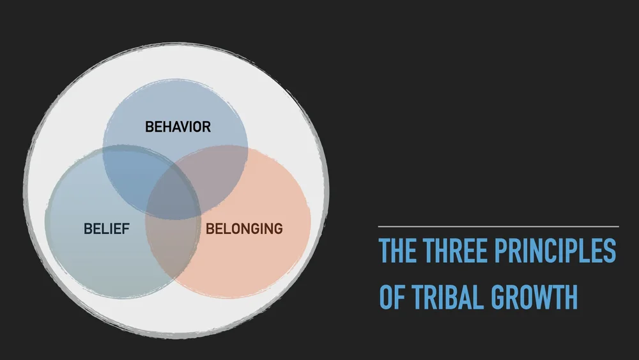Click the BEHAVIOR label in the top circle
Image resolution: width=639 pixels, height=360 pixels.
click(178, 127)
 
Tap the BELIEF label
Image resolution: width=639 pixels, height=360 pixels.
click(106, 229)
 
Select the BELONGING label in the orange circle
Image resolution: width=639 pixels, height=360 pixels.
click(244, 228)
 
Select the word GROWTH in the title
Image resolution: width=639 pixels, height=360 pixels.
click(534, 297)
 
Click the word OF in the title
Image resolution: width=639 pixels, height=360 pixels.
click(392, 297)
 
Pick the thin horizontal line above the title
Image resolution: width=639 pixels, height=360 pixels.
click(498, 226)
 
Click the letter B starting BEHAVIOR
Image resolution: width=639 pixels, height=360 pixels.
click(150, 127)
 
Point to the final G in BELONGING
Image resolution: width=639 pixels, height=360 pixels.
click(277, 228)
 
